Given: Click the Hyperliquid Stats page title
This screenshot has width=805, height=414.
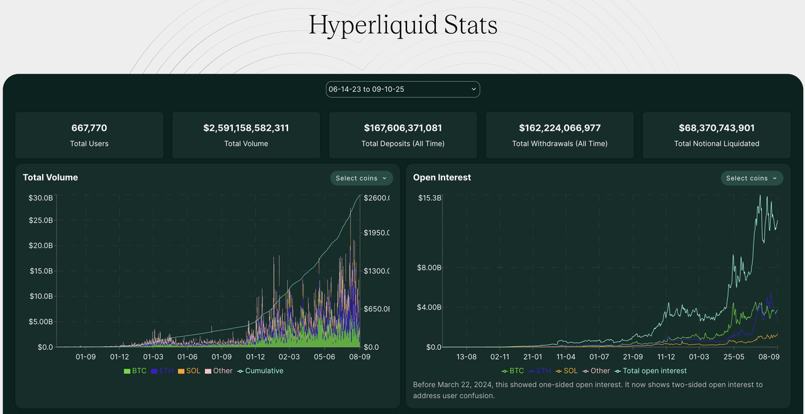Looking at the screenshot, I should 402,25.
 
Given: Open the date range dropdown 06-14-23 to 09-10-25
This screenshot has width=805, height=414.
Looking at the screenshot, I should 402,89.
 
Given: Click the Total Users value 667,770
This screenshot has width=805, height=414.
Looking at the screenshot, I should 89,128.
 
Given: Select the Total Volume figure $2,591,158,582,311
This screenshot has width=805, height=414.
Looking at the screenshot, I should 246,128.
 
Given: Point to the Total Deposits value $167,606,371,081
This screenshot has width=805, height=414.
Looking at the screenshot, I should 402,128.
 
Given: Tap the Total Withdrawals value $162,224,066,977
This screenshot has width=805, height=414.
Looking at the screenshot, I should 560,128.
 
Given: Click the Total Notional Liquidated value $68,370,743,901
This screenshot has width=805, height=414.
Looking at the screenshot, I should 716,128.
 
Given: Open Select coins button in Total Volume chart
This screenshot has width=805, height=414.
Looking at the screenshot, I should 362,178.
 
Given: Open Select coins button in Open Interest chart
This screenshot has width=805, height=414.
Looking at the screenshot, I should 752,178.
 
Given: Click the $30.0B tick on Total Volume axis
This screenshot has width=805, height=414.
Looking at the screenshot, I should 40,198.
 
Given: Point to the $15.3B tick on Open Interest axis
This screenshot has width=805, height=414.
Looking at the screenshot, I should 430,198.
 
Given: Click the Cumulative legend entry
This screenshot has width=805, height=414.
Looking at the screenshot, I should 260,371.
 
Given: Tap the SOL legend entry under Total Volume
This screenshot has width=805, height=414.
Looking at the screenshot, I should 189,371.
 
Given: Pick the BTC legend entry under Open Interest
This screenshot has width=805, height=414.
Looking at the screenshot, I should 513,371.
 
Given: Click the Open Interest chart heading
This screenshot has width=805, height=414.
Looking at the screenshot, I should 441,177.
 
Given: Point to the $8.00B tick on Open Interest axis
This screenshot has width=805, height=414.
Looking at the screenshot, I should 429,267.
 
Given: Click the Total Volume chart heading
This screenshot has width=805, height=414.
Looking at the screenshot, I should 50,177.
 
